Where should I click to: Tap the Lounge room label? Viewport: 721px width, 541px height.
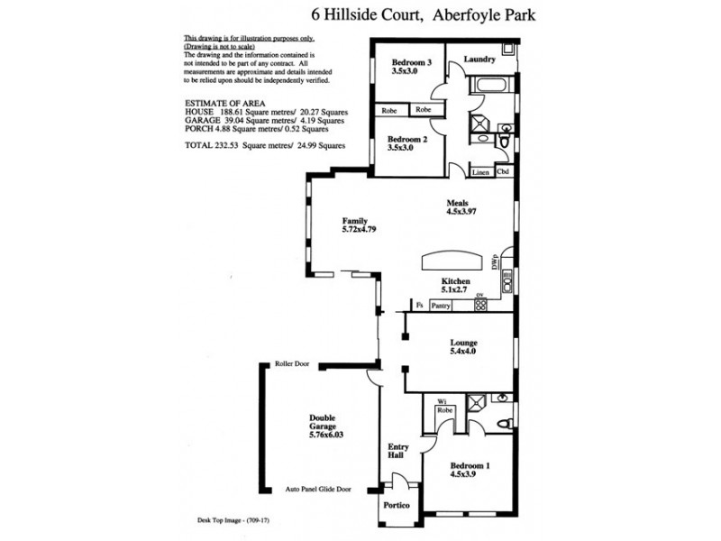[463, 344]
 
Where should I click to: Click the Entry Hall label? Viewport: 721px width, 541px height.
[398, 451]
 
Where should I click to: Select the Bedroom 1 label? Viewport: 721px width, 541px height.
[470, 466]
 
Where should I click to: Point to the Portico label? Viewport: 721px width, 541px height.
[397, 506]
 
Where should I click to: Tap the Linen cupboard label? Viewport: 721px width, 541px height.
[479, 171]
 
